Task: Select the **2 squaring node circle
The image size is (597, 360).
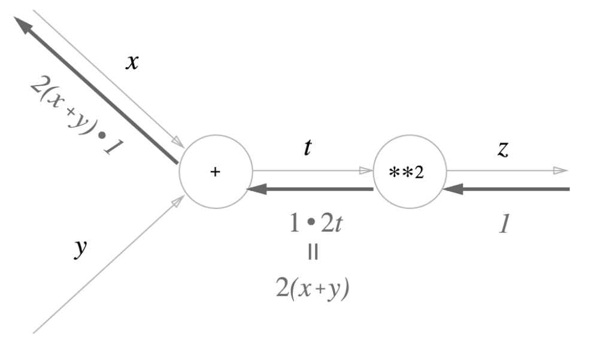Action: tap(410, 172)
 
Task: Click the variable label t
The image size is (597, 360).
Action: tap(308, 147)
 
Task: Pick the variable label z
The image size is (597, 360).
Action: tap(503, 150)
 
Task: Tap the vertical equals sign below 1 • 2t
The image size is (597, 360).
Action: tap(313, 253)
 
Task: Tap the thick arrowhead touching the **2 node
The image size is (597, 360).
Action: tap(450, 190)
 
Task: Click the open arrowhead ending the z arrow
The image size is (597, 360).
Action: tap(561, 171)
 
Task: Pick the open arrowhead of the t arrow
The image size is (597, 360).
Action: tap(366, 171)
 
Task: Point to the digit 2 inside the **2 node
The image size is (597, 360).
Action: tap(422, 173)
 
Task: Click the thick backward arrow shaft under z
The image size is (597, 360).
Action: tap(515, 190)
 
